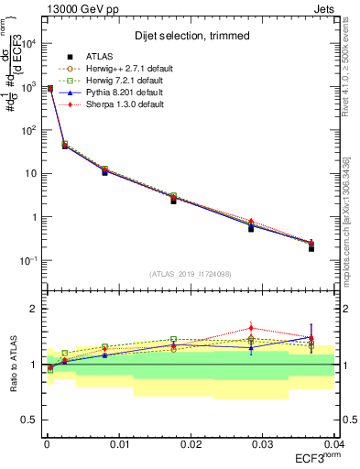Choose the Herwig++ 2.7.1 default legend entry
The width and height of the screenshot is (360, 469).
[122, 69]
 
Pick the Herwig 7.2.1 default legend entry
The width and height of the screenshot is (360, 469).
[119, 81]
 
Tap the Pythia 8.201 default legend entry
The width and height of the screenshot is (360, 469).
[119, 93]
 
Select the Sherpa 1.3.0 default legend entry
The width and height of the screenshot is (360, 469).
[119, 104]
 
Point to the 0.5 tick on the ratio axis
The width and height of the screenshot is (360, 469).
[30, 420]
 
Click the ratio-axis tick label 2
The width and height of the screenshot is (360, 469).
[33, 310]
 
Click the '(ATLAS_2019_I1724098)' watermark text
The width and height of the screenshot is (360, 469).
[191, 274]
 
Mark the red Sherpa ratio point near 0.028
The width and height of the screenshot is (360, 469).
[251, 328]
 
